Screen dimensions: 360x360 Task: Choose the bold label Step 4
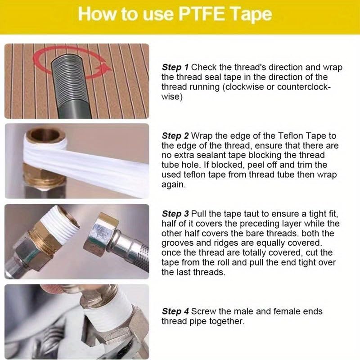175,311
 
